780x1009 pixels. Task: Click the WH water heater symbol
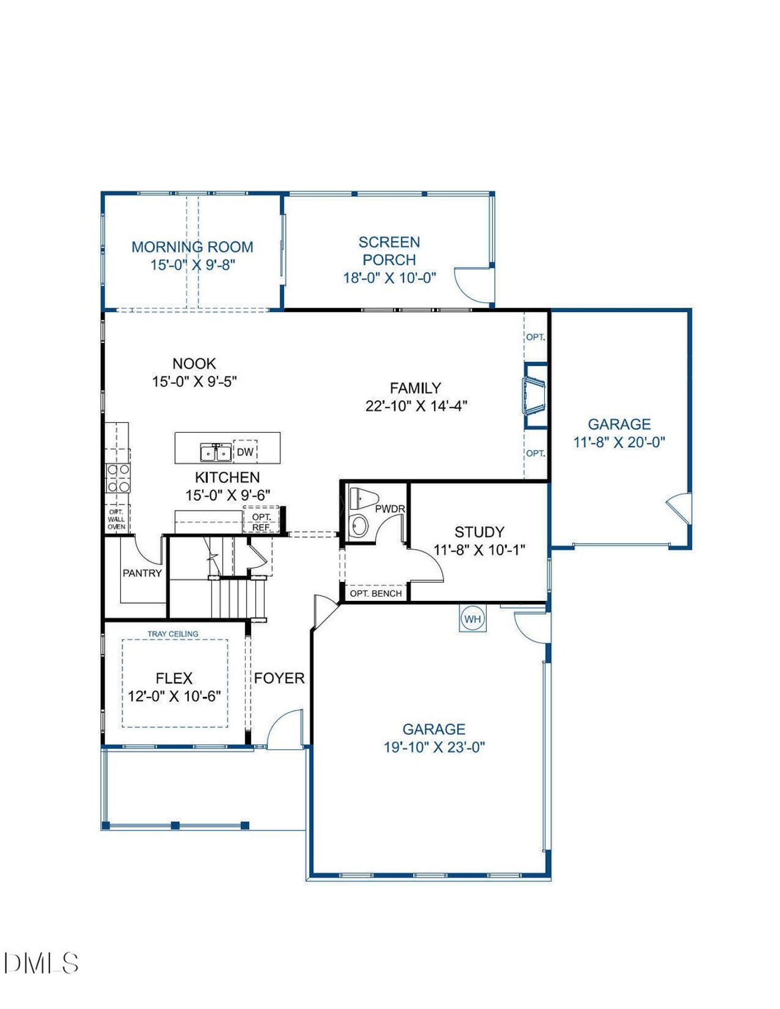(x=473, y=619)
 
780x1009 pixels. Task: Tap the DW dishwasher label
(x=245, y=452)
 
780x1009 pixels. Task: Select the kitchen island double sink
(x=216, y=453)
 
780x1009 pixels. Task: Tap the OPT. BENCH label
(x=375, y=593)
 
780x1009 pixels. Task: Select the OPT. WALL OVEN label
(x=116, y=520)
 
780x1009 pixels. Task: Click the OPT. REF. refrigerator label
(x=261, y=522)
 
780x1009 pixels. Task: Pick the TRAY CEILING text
(x=173, y=634)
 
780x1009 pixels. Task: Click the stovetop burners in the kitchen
(x=118, y=478)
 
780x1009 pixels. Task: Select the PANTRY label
(x=142, y=573)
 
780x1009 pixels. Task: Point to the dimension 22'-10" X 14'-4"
(x=416, y=406)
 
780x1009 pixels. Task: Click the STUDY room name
(x=479, y=531)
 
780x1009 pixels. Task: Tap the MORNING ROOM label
(x=192, y=247)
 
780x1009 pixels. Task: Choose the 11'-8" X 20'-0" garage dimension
(x=619, y=442)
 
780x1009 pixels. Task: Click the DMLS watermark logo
(x=41, y=963)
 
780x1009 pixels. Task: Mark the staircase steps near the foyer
(x=238, y=597)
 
